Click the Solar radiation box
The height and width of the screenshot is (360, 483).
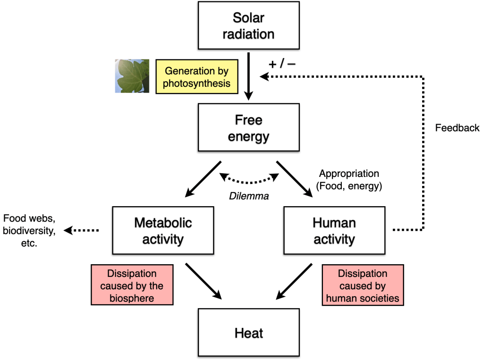point(248,26)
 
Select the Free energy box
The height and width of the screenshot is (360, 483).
point(248,128)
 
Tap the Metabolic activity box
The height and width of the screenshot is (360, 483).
point(163,231)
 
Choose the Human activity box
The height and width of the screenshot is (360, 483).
point(334,231)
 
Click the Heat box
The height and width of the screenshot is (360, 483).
point(248,333)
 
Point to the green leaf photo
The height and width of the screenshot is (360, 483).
point(132,76)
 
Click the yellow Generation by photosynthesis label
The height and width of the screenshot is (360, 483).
point(196,77)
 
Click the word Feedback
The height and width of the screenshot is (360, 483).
point(457,128)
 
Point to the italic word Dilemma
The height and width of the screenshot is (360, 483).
point(249,196)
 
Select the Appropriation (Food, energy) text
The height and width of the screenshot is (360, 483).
point(349,180)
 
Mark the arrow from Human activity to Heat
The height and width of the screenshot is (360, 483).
point(294,281)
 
